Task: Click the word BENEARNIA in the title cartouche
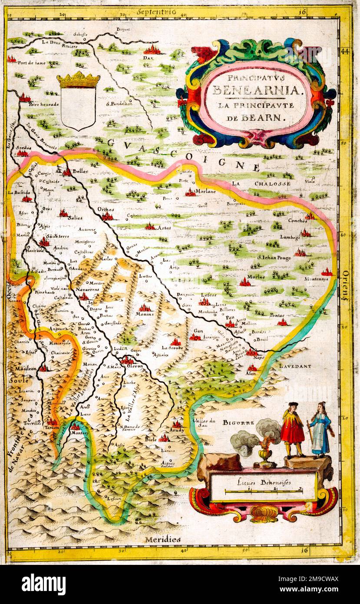[x=256, y=90]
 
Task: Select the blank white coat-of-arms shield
[x=78, y=108]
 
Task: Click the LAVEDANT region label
[x=295, y=366]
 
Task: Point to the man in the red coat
[x=293, y=428]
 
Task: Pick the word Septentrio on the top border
[x=156, y=12]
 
